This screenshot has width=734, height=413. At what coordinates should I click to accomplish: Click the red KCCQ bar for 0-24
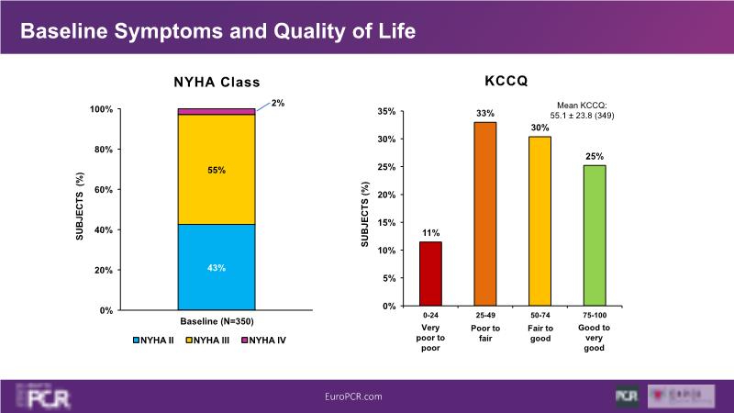[x=431, y=273]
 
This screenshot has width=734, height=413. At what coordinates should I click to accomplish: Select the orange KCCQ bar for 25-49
[x=485, y=214]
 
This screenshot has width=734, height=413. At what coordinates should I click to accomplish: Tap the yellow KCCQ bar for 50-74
[x=539, y=221]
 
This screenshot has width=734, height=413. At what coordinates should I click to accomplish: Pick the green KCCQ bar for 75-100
[x=595, y=235]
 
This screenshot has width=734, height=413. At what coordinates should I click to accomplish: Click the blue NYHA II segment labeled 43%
[x=217, y=267]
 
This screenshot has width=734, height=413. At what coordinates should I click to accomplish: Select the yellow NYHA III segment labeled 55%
[x=217, y=170]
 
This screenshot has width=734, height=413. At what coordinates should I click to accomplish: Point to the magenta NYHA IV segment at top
[x=217, y=111]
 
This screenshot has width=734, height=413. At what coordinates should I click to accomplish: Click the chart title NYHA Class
[x=217, y=82]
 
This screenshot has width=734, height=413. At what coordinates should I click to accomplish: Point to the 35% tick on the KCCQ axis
[x=386, y=112]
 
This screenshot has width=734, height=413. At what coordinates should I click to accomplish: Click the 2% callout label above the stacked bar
[x=277, y=103]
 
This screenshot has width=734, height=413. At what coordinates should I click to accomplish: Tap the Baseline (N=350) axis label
[x=217, y=321]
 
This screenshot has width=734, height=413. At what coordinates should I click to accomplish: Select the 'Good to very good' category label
[x=595, y=337]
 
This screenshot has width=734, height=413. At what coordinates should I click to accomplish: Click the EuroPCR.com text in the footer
[x=353, y=396]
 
